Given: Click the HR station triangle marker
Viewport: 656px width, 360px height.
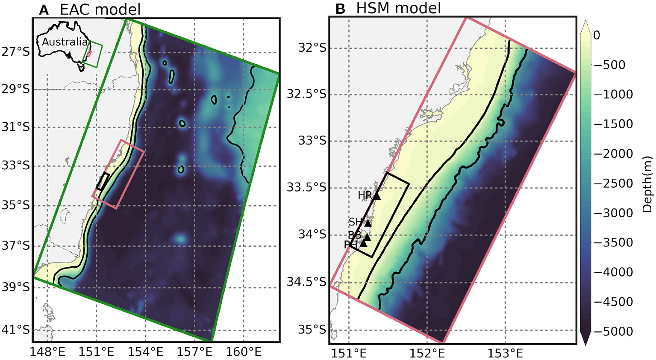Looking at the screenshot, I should (x=377, y=196).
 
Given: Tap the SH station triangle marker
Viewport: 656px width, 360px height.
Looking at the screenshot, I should (x=368, y=223).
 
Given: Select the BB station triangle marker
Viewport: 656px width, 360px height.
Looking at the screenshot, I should (x=366, y=237).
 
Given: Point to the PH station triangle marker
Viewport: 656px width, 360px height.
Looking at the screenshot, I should (x=364, y=243).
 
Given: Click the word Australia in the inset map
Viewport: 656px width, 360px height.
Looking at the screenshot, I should (x=65, y=42).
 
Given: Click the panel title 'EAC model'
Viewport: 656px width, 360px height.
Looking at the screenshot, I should (x=100, y=9).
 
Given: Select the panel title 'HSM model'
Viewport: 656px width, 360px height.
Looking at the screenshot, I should (x=398, y=8).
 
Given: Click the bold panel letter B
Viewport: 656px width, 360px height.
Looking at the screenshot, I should (x=340, y=9).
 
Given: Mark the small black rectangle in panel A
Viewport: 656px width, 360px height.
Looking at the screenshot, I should (x=103, y=181).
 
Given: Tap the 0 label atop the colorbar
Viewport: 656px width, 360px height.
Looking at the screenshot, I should (x=597, y=35).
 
